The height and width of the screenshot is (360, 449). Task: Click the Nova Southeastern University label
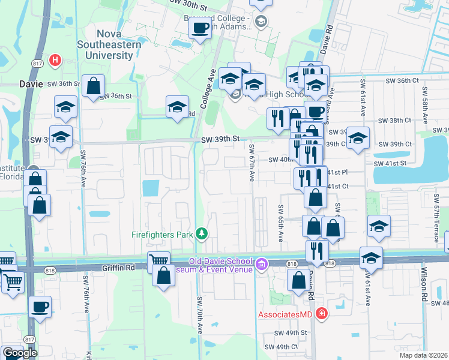click(x=109, y=45)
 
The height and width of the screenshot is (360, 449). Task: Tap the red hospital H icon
click(x=55, y=60)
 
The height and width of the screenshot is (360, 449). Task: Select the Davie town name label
click(x=31, y=84)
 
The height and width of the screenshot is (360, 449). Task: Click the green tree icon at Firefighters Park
click(x=202, y=233)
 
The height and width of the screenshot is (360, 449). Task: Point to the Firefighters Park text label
click(x=162, y=233)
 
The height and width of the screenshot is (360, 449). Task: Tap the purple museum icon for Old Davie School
click(x=261, y=264)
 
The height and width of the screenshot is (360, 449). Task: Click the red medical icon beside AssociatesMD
click(x=322, y=314)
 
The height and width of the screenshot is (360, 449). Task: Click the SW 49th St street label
click(x=291, y=332)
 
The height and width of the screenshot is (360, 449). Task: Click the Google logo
click(x=19, y=353)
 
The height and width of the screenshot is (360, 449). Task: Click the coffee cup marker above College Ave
click(x=200, y=28)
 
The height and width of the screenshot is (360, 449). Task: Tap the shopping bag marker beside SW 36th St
click(x=94, y=86)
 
